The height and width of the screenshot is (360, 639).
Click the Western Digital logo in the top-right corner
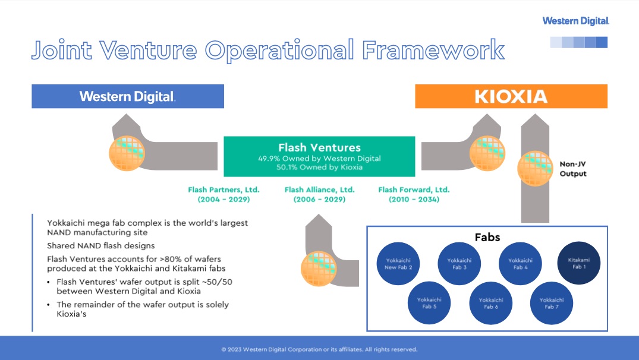point(575,21)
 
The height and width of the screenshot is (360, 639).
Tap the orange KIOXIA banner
point(511,96)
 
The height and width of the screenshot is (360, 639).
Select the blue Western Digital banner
point(128,96)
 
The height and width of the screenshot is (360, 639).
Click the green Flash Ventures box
point(319,156)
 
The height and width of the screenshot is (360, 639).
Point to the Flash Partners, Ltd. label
point(224,194)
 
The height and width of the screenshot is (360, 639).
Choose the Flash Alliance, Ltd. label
point(320,194)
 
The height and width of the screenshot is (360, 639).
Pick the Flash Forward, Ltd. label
point(414,194)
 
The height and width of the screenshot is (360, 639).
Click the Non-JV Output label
point(572,169)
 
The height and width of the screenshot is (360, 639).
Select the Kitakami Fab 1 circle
point(579,263)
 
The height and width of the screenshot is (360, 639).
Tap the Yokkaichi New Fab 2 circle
point(398,264)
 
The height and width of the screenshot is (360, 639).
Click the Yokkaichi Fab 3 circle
point(459,264)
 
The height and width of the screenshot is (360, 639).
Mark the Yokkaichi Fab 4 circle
point(520,264)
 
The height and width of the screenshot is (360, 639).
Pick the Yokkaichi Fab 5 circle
point(429,303)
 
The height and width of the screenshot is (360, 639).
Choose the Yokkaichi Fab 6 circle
point(490,303)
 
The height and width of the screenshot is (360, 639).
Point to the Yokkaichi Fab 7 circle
point(552,303)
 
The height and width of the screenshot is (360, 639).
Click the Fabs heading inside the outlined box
point(487,237)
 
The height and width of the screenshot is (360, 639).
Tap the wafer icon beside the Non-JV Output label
point(535,168)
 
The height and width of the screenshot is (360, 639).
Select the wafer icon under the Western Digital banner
point(127,153)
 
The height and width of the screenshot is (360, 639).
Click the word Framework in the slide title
point(433,50)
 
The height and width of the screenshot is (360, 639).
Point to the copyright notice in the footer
point(319,349)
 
